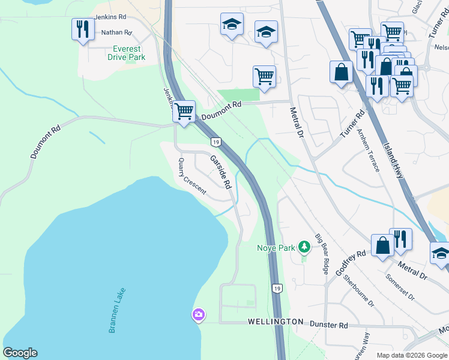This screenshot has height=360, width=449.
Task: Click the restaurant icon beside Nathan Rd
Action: pos(82,29)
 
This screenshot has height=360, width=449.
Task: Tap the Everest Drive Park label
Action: pos(127,53)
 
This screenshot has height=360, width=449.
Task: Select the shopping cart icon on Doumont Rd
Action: pos(184,111)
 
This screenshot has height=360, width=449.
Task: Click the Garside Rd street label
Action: pos(220,173)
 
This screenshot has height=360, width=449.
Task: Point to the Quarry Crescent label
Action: pos(192,176)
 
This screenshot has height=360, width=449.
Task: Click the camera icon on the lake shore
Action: pos(198,314)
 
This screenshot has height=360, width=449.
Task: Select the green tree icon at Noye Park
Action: pos(304,247)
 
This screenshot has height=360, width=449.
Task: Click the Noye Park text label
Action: pos(276,247)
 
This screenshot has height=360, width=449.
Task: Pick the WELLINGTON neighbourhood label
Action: pos(276,322)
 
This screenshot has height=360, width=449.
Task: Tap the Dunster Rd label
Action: pos(328,325)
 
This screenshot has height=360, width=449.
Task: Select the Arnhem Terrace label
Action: pos(368,149)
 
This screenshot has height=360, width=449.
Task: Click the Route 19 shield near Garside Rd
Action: pos(215,142)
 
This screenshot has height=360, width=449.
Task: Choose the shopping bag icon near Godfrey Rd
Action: pos(382,246)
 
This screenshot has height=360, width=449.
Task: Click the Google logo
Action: pos(20,353)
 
